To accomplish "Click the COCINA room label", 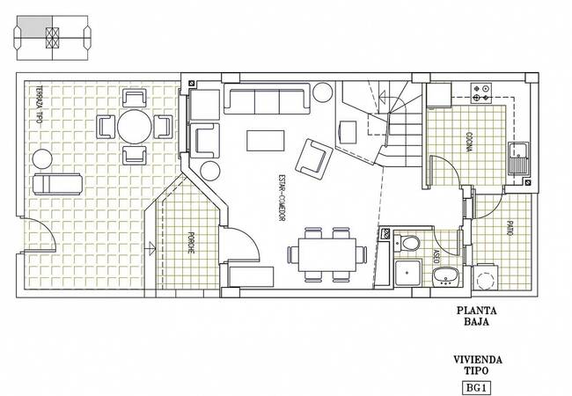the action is click(x=469, y=143).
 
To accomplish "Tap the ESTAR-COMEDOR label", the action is click(x=282, y=198).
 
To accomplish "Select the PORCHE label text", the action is click(x=190, y=243).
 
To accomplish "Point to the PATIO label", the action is click(x=510, y=229).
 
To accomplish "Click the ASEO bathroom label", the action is click(x=436, y=257).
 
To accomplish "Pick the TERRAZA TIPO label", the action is click(x=39, y=105).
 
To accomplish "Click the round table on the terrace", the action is click(x=135, y=127).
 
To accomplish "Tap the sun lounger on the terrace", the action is click(x=57, y=184).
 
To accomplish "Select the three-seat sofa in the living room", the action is click(x=267, y=99).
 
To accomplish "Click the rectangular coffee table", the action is click(x=265, y=141).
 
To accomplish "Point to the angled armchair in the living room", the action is click(x=314, y=159).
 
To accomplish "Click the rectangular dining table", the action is click(x=327, y=254).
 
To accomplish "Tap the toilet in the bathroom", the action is click(x=407, y=243).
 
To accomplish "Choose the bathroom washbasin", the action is click(x=446, y=275).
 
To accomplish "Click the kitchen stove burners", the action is click(x=481, y=92).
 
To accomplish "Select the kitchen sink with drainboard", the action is click(x=518, y=158).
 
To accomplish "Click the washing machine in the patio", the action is click(x=485, y=277).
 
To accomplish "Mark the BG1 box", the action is click(x=476, y=387).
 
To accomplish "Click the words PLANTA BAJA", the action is click(x=477, y=316).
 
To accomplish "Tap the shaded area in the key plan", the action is click(x=34, y=26).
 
